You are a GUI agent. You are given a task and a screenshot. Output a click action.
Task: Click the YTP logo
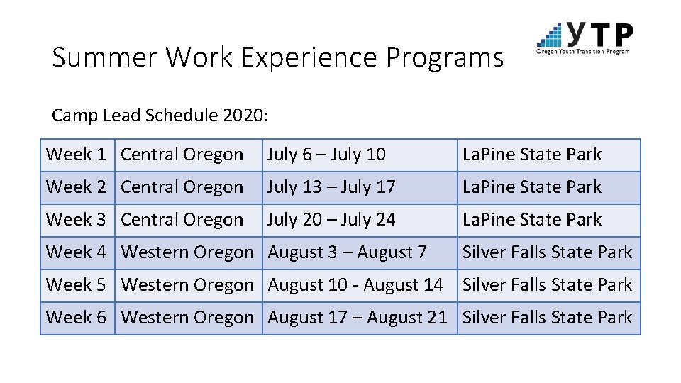point(585,38)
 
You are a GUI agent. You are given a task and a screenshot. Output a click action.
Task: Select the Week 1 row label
point(76,155)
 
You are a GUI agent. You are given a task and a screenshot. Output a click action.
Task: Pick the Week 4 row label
point(76,252)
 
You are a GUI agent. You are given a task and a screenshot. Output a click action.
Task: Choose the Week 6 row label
point(76,318)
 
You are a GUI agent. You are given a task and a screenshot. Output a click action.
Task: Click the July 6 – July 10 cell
point(326,155)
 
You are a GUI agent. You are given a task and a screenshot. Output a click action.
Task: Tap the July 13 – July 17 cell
point(331,187)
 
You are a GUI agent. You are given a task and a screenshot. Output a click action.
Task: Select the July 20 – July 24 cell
point(331,220)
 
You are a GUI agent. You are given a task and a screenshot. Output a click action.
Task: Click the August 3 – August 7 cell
point(347,252)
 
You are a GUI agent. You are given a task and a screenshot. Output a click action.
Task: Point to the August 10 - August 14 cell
point(355,285)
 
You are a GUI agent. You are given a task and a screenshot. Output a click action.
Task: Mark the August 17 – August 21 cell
point(358,318)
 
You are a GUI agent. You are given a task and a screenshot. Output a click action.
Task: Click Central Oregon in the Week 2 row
point(182,187)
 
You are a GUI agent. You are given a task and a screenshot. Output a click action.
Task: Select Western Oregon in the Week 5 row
point(187,285)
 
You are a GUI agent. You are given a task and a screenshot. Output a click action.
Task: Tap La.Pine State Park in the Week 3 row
point(532,220)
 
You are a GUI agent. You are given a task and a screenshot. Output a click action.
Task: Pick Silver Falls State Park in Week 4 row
point(547,252)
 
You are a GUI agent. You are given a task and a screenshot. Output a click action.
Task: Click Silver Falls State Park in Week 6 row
point(547,318)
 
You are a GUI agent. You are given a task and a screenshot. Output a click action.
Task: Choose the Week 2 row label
point(76,187)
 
